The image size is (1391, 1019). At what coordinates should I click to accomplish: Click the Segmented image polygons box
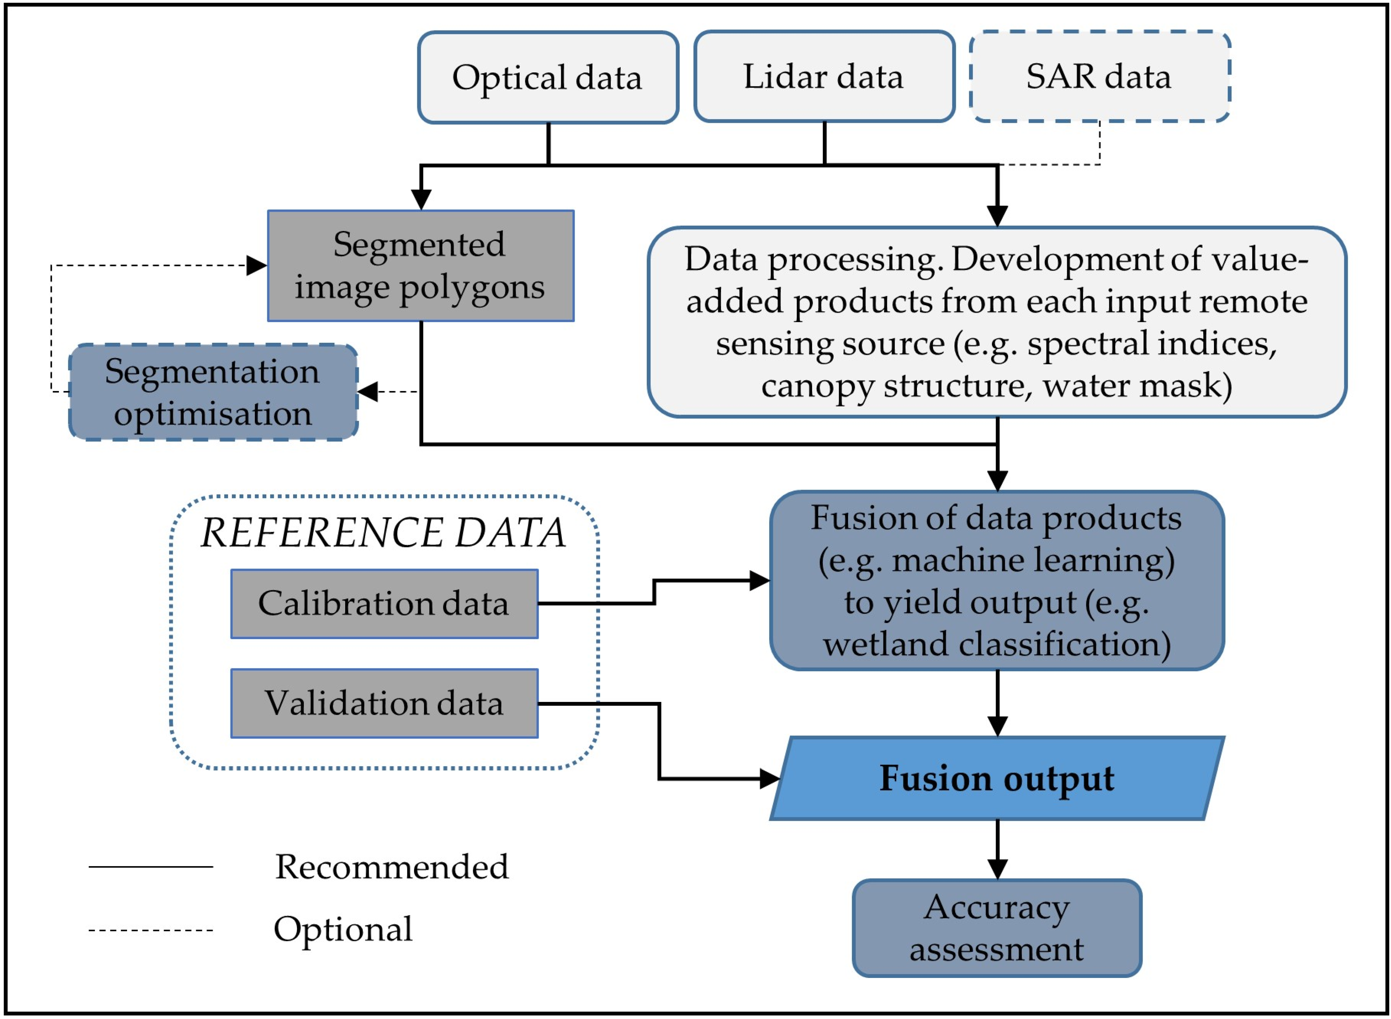coord(420,266)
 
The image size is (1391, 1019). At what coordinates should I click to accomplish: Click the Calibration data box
coord(384,603)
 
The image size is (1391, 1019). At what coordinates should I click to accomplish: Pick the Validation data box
coord(384,703)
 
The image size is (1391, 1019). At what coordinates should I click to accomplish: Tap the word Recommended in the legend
coord(392,867)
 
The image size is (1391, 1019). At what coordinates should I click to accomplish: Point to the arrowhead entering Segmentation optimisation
coord(368,392)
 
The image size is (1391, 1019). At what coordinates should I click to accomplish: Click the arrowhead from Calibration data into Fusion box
coord(759,581)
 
